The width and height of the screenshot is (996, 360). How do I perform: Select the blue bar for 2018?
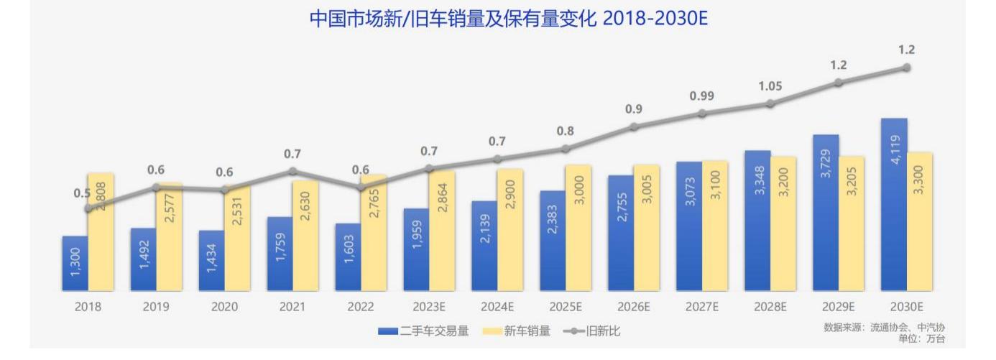(x=75, y=264)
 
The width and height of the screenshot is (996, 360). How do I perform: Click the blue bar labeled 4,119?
(x=894, y=205)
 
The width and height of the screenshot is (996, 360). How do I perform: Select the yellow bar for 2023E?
(x=442, y=231)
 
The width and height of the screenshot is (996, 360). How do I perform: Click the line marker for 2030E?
(x=907, y=68)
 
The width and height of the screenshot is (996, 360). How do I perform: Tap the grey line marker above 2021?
(x=292, y=171)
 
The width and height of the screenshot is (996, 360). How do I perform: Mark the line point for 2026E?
(x=634, y=126)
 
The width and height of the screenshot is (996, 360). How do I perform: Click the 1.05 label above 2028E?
(x=770, y=86)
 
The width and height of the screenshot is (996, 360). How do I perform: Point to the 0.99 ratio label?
(x=701, y=96)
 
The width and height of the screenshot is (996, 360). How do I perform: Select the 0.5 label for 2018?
(x=81, y=193)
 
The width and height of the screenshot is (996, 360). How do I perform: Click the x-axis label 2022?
(x=361, y=307)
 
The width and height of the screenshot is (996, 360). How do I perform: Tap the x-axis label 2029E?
(x=838, y=307)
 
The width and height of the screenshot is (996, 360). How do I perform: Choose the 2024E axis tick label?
(x=497, y=307)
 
